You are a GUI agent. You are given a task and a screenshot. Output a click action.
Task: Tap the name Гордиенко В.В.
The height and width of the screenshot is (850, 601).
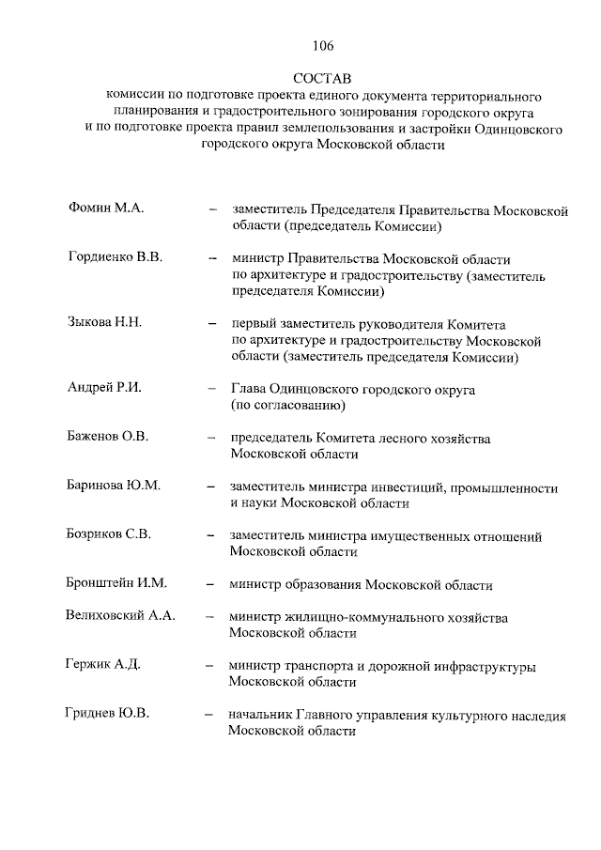[x=116, y=256]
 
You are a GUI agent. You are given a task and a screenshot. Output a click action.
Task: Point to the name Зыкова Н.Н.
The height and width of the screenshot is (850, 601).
[x=104, y=322]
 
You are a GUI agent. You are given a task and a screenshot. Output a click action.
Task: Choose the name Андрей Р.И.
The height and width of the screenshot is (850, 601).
[x=103, y=389]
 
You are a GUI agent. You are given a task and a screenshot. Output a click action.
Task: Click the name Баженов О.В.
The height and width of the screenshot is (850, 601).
[x=109, y=438]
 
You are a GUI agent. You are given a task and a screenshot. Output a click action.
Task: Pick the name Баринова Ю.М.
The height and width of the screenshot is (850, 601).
[x=115, y=486]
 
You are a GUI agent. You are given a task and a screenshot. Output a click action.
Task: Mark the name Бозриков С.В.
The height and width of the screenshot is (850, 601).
[x=110, y=534]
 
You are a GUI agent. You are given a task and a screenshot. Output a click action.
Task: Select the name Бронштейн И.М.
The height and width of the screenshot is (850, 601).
[x=117, y=583]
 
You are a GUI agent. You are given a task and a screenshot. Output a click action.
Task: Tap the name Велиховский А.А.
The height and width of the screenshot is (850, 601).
[x=121, y=616]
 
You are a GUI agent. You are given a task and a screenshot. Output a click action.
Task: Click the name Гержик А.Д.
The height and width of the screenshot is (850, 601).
[x=103, y=665]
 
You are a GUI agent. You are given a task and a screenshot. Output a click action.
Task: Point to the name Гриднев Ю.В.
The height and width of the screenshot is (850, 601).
[x=110, y=714]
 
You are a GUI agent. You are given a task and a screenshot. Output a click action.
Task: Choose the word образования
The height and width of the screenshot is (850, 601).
[x=319, y=585]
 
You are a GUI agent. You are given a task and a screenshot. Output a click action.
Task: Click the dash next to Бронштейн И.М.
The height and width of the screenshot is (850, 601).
[x=211, y=585]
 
